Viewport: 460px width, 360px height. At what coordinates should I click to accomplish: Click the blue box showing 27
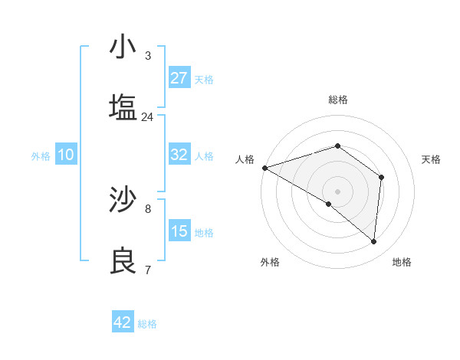(179, 78)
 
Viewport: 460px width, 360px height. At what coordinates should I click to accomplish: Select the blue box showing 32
(179, 155)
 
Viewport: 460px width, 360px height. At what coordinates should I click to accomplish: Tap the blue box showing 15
(179, 231)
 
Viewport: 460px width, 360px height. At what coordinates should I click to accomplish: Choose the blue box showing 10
(66, 155)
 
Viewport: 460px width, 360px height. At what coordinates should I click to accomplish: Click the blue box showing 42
(123, 322)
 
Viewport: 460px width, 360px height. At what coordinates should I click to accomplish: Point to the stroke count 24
(148, 116)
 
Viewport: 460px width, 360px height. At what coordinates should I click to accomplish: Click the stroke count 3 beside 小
(148, 55)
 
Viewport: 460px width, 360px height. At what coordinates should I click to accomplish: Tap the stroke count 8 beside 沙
(148, 208)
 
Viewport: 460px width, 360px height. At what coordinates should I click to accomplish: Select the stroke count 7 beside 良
(148, 270)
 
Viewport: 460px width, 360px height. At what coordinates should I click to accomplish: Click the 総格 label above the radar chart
(338, 100)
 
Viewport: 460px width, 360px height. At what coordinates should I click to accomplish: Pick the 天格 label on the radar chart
(431, 159)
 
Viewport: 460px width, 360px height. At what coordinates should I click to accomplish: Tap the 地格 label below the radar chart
(402, 262)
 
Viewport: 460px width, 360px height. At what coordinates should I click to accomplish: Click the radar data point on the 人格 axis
(264, 167)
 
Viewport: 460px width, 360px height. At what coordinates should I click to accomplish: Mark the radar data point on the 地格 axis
(374, 241)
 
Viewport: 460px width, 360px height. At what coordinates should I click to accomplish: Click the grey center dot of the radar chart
(338, 191)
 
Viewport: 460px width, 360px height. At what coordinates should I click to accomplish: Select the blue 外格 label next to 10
(41, 155)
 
